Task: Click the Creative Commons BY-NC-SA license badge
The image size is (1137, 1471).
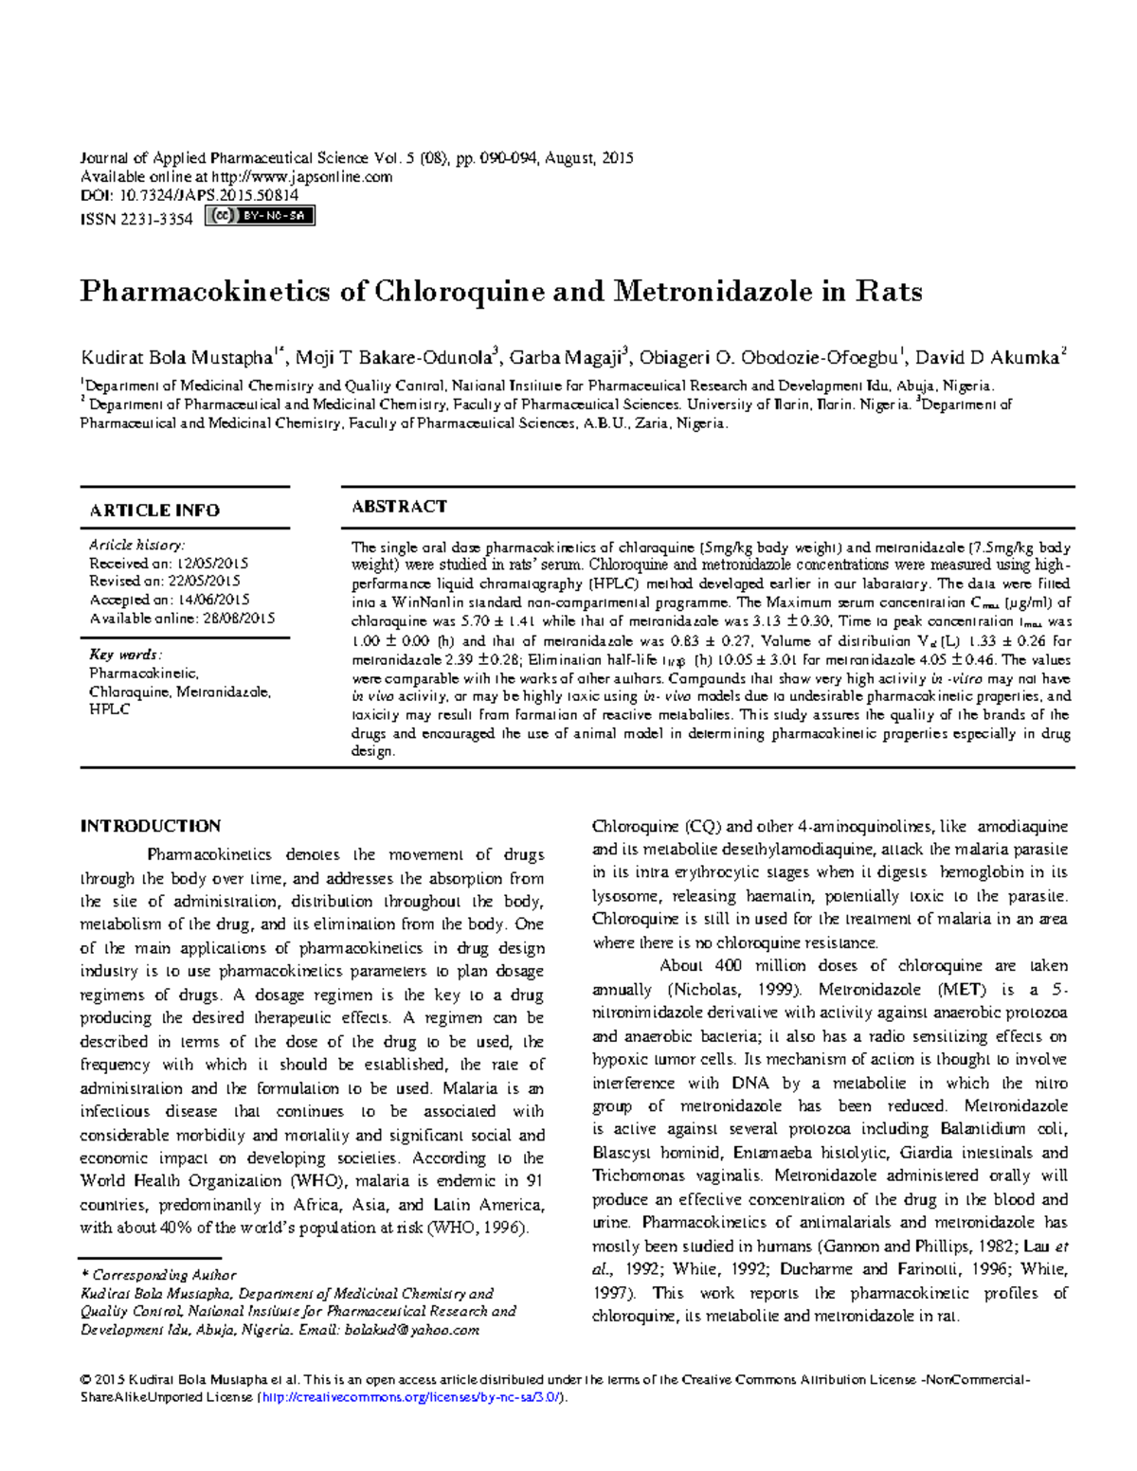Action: click(x=259, y=216)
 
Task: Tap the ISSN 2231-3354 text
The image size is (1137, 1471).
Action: click(x=136, y=219)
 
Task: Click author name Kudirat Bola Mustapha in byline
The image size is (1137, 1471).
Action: click(x=176, y=358)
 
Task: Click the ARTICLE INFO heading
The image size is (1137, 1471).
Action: click(x=154, y=511)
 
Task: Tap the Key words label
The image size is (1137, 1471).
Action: click(x=125, y=655)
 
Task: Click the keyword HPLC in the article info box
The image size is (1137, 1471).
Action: click(x=109, y=709)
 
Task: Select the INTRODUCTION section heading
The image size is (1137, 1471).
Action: click(x=151, y=826)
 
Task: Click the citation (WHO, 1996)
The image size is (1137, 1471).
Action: click(x=476, y=1229)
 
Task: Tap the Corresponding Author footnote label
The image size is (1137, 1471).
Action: click(x=163, y=1275)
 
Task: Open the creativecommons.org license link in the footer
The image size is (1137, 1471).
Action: click(x=412, y=1398)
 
